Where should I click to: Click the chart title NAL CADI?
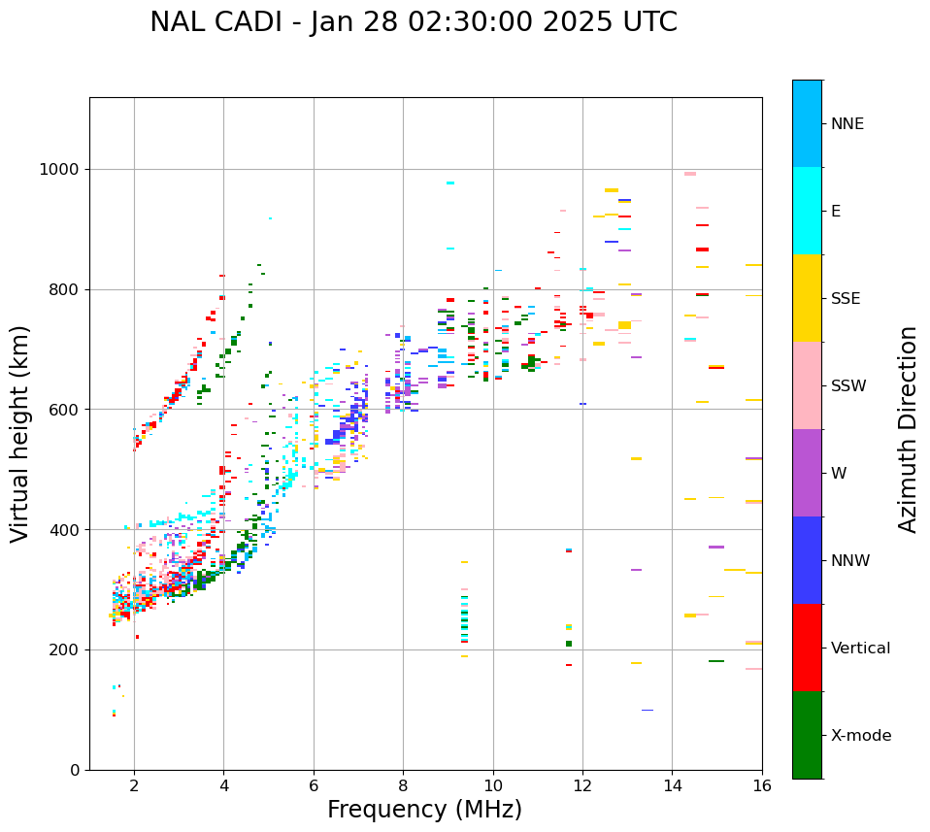413,22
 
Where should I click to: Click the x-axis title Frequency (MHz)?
424,810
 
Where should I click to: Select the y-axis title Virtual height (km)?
20,433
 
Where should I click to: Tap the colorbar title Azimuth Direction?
908,429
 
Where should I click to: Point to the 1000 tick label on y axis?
58,170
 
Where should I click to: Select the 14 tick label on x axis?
672,785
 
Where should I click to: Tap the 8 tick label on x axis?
403,785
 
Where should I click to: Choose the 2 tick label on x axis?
134,785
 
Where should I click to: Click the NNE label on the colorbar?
847,124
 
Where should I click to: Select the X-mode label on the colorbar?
860,736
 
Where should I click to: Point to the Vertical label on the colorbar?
860,649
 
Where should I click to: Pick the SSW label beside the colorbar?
848,386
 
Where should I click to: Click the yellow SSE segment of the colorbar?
807,298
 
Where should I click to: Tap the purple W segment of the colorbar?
807,473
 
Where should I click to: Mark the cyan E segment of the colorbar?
807,211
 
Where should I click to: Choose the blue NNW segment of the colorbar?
807,560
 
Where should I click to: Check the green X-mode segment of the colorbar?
807,735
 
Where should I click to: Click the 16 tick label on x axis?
762,785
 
